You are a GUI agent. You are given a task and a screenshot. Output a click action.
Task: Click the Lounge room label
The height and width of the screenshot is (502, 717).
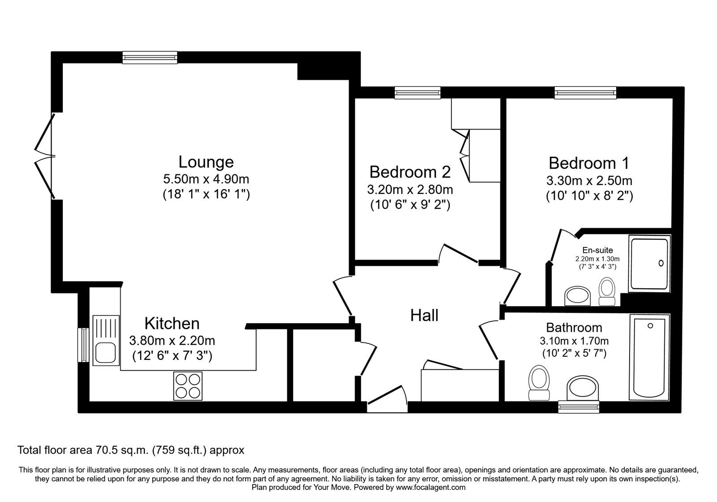click(206, 162)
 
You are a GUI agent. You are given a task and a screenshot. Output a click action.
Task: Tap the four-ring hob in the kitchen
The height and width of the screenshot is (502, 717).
click(188, 386)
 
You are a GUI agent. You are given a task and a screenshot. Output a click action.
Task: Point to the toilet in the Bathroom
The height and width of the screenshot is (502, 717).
click(539, 382)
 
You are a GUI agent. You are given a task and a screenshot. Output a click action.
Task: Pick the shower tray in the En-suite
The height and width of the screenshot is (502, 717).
click(649, 264)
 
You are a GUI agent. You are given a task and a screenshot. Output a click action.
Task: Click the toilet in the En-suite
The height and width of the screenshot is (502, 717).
click(607, 291)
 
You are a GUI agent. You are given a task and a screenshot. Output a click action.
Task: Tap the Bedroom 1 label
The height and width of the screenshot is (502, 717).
click(589, 163)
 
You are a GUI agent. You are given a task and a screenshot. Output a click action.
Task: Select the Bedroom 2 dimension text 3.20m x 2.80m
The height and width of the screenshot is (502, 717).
click(410, 190)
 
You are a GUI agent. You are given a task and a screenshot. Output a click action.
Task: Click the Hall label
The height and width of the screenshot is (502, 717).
click(424, 316)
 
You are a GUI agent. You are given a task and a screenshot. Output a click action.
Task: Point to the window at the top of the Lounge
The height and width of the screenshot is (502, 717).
click(150, 57)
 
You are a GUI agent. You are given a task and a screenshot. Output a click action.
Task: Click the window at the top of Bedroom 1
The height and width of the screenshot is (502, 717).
click(584, 93)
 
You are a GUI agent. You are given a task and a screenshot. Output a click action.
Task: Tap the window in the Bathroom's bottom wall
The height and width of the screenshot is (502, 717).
click(579, 407)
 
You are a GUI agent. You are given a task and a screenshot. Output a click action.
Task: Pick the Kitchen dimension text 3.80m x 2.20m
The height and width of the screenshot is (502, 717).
click(172, 341)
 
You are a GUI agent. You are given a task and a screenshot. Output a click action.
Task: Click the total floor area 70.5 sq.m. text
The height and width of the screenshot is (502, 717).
click(130, 450)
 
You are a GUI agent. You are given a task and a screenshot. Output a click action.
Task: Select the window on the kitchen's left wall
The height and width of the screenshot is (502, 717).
click(83, 345)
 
